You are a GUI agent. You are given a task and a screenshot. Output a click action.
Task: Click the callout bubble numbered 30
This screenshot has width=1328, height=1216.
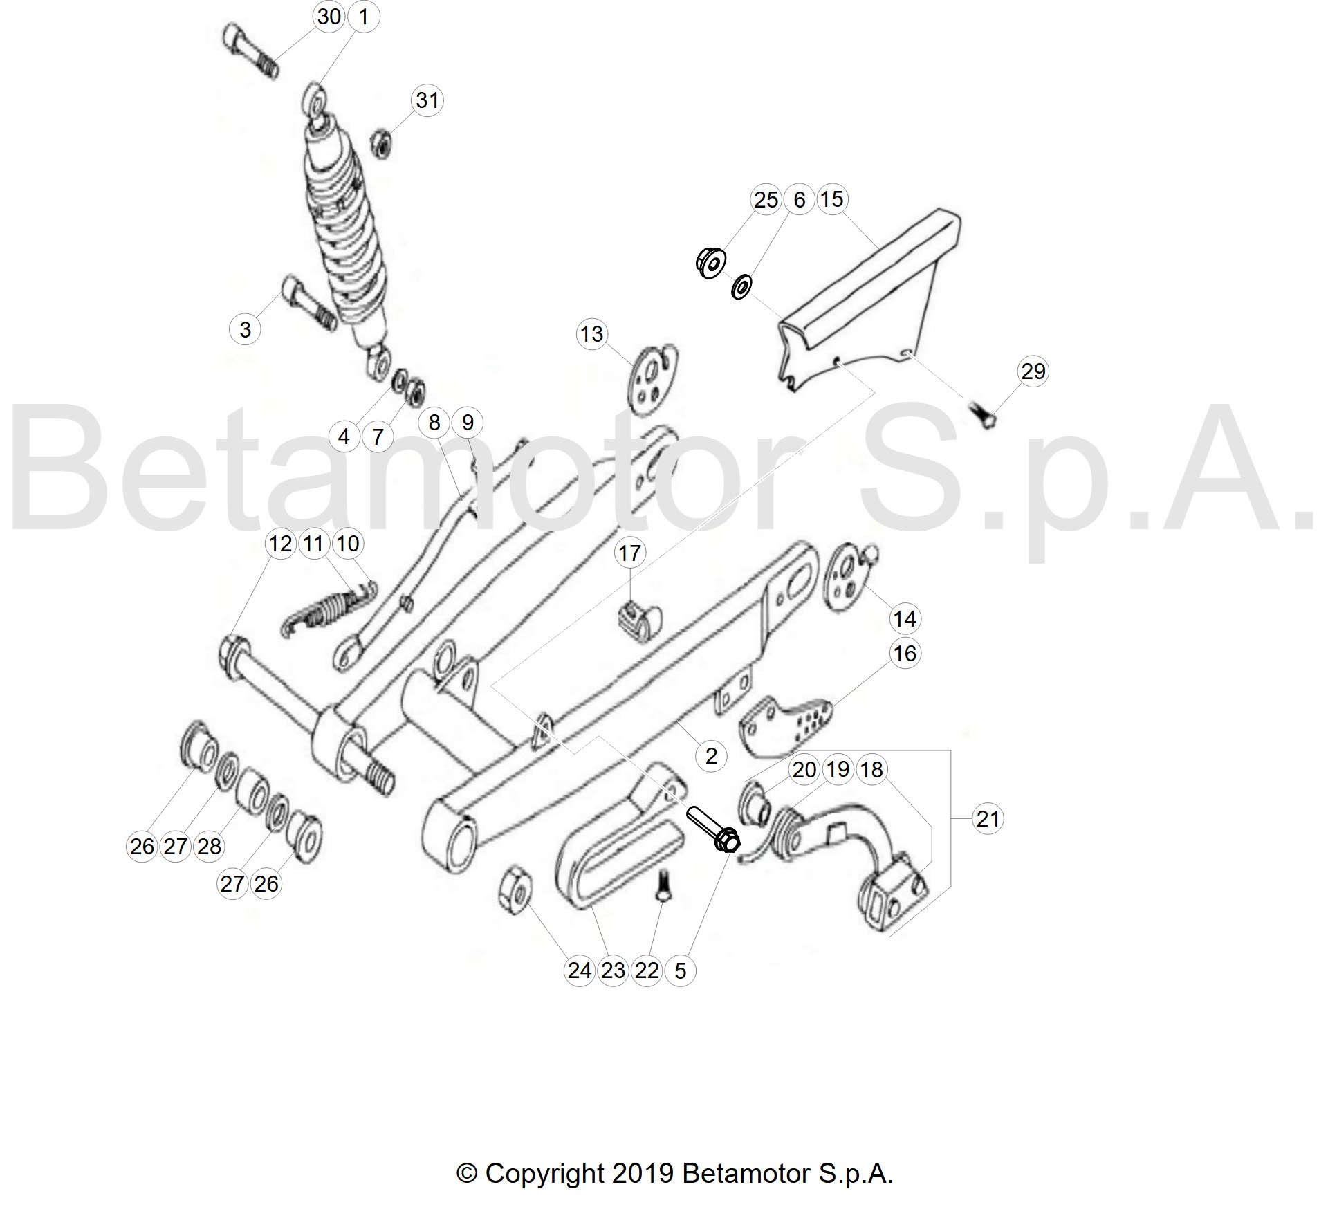pos(329,16)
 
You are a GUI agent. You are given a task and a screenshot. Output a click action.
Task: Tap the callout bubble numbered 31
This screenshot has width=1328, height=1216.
pos(427,100)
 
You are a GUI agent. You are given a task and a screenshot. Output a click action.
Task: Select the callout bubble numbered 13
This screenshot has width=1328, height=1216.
pos(592,334)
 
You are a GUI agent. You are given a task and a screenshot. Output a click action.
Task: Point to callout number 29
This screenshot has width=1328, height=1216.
pos(1033,371)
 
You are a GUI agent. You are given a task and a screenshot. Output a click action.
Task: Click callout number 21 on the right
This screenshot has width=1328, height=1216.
pos(988,819)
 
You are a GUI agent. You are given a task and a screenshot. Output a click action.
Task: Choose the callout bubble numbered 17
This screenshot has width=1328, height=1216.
pos(629,553)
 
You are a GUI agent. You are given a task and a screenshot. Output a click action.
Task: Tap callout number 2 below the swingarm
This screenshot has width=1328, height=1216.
pos(712,755)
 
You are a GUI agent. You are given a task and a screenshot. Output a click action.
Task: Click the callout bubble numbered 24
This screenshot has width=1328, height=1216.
pos(580,970)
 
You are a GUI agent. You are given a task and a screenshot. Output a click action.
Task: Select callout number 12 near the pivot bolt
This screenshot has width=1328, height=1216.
pos(281,544)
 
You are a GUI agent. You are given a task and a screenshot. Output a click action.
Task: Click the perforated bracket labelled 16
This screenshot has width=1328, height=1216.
pos(786,726)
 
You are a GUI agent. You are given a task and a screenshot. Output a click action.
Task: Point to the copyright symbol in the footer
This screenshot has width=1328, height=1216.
pos(468,1174)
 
